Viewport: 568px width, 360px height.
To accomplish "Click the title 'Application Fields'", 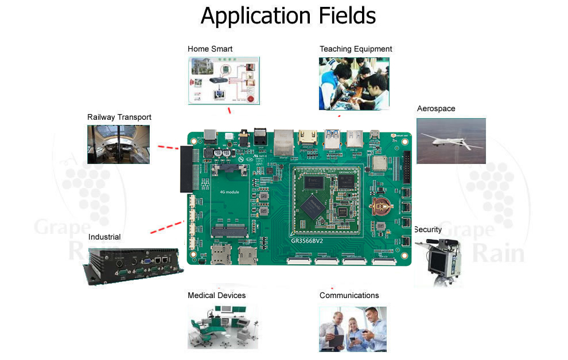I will click(288, 15).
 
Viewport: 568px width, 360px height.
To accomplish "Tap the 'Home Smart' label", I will click(210, 49).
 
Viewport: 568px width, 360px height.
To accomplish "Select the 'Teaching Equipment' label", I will click(356, 49).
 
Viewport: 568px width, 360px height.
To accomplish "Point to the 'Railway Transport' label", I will click(119, 117).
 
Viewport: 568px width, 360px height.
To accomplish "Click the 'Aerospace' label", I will click(436, 108).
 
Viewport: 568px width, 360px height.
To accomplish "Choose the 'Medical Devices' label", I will click(216, 295).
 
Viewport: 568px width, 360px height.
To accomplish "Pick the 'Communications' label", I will click(349, 295).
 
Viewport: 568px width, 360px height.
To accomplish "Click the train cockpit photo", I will click(118, 144).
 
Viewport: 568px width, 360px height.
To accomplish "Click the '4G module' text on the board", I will click(229, 191).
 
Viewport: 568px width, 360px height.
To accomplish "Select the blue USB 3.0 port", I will click(332, 139).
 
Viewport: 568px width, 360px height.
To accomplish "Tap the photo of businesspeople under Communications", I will click(353, 328).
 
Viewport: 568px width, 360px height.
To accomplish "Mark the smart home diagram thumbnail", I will click(224, 80).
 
